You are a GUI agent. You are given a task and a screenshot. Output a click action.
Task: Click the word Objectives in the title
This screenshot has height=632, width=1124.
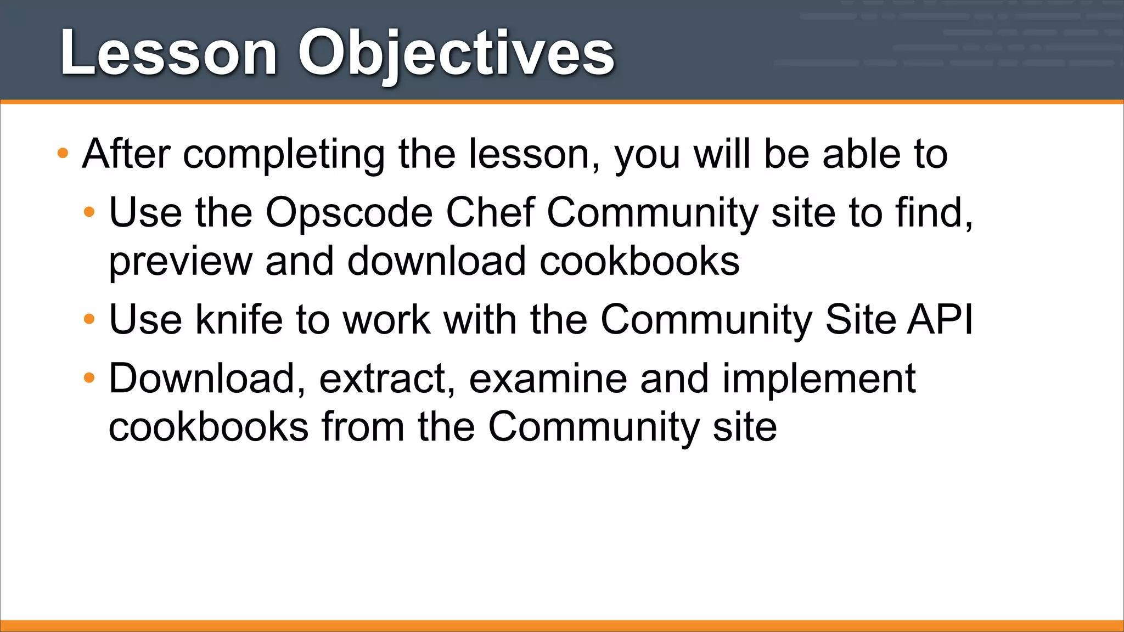456,54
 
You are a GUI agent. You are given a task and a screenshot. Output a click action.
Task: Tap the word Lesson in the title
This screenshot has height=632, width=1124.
168,54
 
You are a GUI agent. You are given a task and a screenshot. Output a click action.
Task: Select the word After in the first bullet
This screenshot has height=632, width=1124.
126,154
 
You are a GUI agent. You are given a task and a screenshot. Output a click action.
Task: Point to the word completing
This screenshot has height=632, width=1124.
284,155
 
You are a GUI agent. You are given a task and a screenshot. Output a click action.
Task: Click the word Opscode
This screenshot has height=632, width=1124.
349,213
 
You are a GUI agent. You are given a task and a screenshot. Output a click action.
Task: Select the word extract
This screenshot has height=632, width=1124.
387,379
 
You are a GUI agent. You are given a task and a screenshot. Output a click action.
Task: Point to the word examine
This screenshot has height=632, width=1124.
548,379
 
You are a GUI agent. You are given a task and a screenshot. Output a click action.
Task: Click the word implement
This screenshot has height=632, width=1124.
819,380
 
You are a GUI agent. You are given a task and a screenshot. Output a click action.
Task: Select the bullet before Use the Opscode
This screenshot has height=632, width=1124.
89,212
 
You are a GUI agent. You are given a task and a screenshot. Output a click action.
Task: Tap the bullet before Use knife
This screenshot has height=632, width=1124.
89,319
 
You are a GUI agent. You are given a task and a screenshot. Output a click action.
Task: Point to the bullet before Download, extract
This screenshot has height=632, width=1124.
89,378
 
